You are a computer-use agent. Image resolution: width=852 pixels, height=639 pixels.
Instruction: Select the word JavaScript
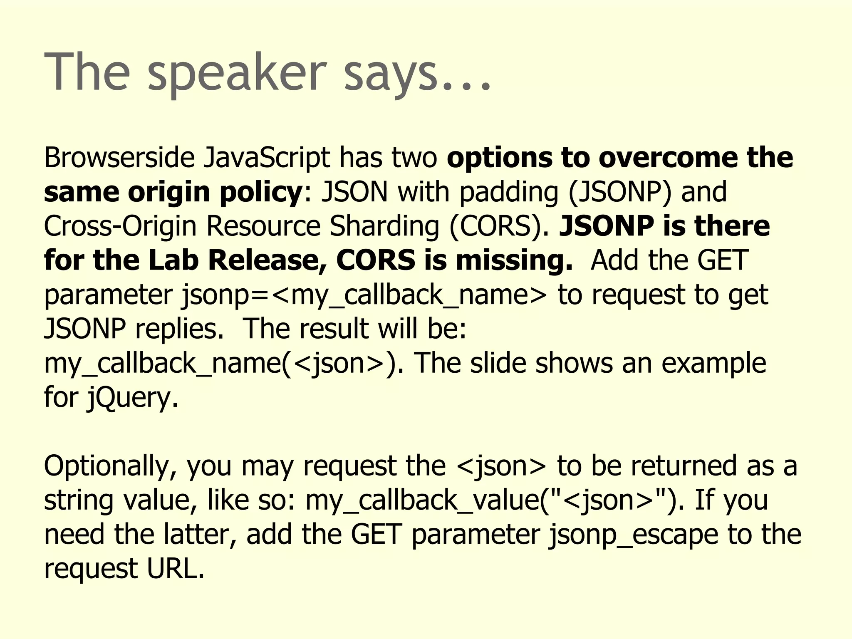coord(267,158)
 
